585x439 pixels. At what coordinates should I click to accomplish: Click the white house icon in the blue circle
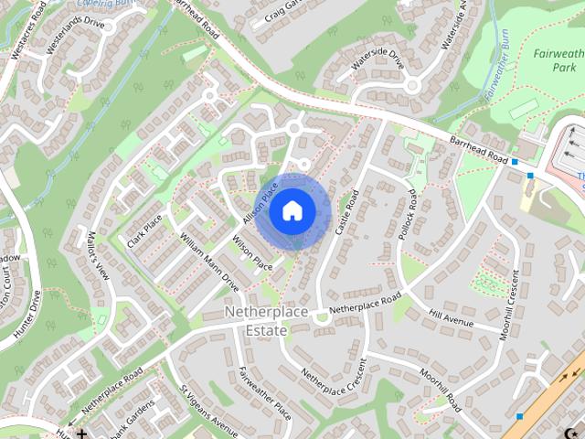(292, 210)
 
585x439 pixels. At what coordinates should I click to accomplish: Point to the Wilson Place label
(252, 252)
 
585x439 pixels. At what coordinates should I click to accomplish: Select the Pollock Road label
(407, 216)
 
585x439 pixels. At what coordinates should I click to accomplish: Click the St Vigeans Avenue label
(207, 412)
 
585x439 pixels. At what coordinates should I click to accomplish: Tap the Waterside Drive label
(377, 59)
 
